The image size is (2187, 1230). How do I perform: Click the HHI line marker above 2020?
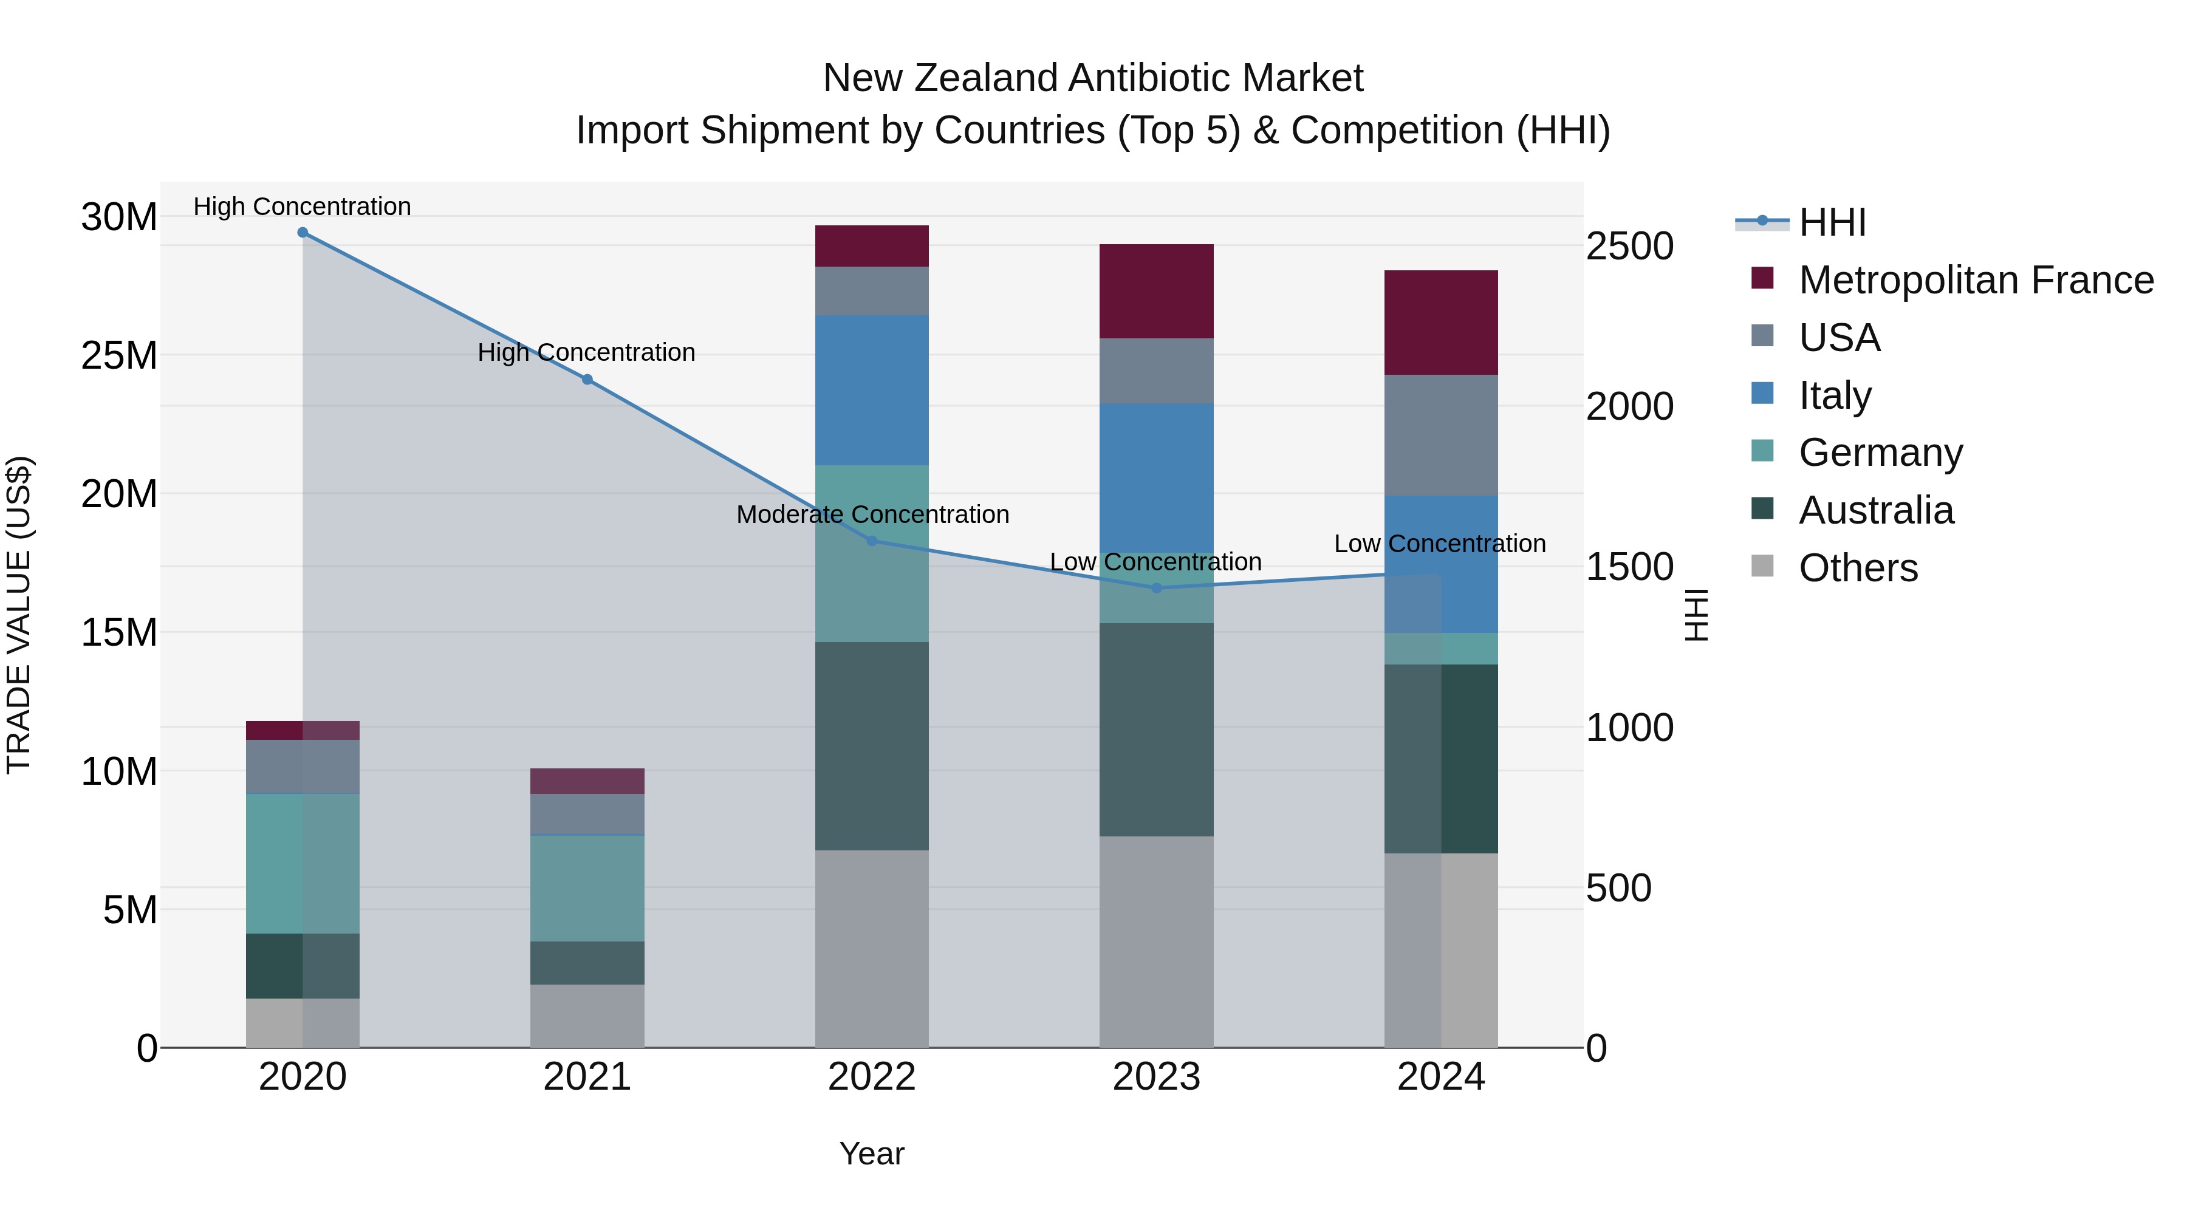tap(303, 233)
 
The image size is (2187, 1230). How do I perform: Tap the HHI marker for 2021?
tap(587, 380)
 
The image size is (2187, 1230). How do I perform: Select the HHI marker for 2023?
tap(1156, 587)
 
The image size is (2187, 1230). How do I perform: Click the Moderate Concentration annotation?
tap(872, 514)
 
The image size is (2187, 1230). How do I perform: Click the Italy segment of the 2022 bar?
tap(872, 391)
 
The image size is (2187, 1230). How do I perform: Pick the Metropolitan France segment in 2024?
tap(1441, 323)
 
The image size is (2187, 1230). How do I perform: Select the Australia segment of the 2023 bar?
tap(1156, 730)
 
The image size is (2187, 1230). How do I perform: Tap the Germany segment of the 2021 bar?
tap(587, 888)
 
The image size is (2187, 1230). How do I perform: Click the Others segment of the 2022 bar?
tap(872, 948)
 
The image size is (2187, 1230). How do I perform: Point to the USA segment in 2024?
tap(1441, 435)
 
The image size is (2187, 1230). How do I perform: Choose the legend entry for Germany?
tap(1880, 453)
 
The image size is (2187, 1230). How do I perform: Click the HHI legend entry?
tap(1832, 222)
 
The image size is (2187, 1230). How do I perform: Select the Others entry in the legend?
tap(1858, 568)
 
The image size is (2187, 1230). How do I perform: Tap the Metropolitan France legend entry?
tap(1975, 280)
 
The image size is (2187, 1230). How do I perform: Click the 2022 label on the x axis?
tap(872, 1077)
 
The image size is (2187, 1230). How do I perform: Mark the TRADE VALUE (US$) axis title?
tap(19, 615)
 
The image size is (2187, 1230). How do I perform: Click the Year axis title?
tap(872, 1153)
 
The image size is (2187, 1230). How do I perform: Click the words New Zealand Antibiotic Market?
tap(1093, 78)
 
